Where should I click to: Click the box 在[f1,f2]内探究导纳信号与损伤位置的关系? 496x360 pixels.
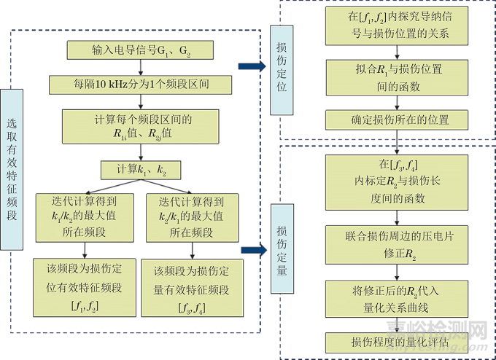[x=398, y=28]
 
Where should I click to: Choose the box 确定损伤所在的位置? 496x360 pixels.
[x=398, y=120]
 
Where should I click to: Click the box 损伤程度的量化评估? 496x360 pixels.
[x=398, y=340]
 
